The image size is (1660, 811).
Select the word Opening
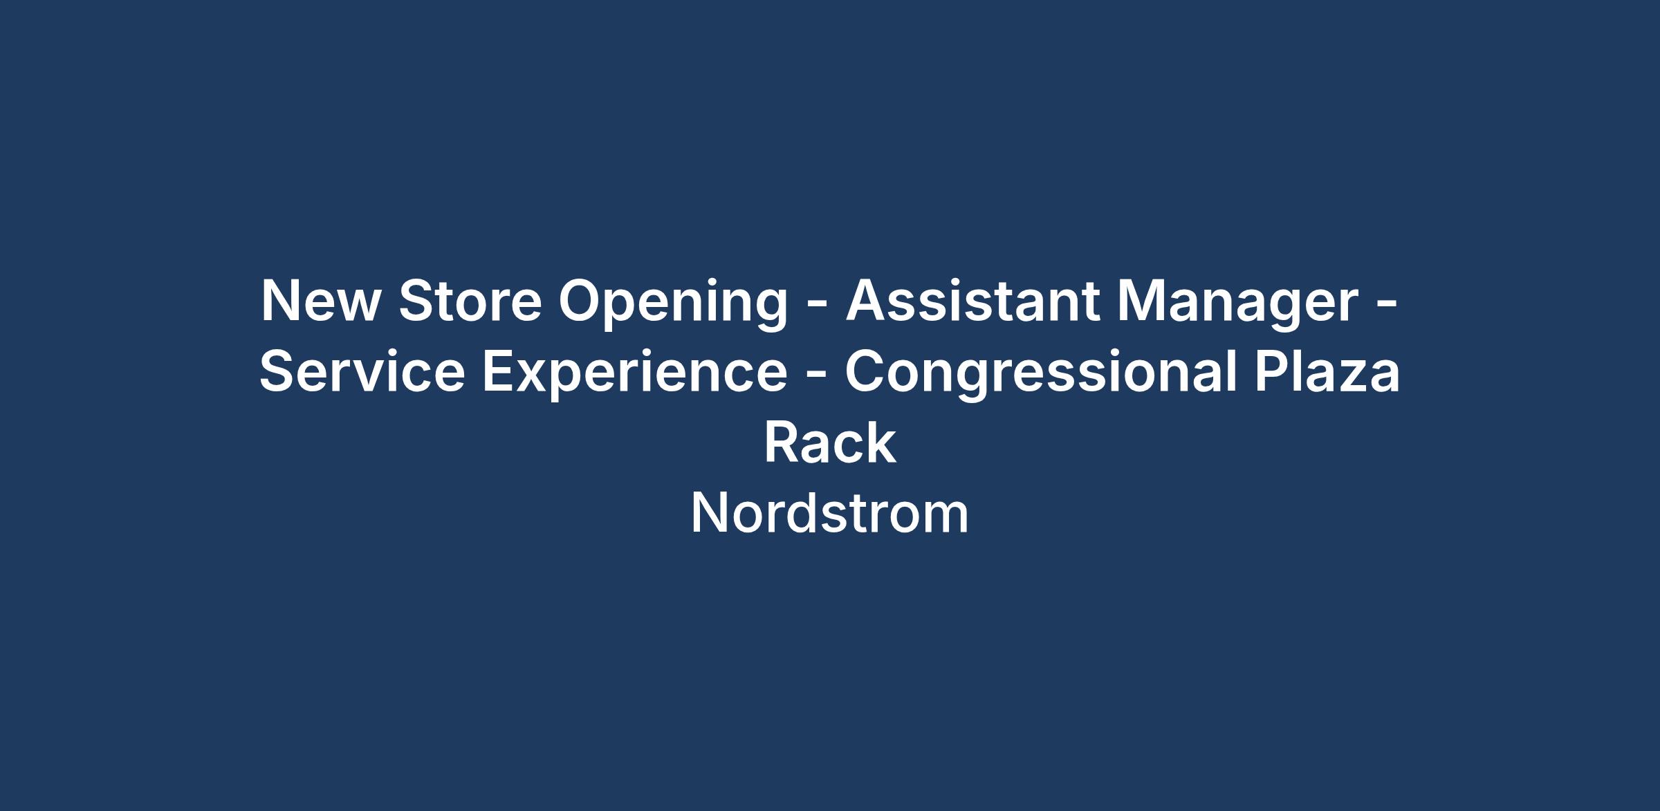tap(673, 305)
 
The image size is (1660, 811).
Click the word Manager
tap(1238, 305)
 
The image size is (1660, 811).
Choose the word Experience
tap(635, 375)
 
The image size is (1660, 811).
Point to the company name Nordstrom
tap(830, 512)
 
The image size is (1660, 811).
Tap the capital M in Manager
tap(1143, 300)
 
